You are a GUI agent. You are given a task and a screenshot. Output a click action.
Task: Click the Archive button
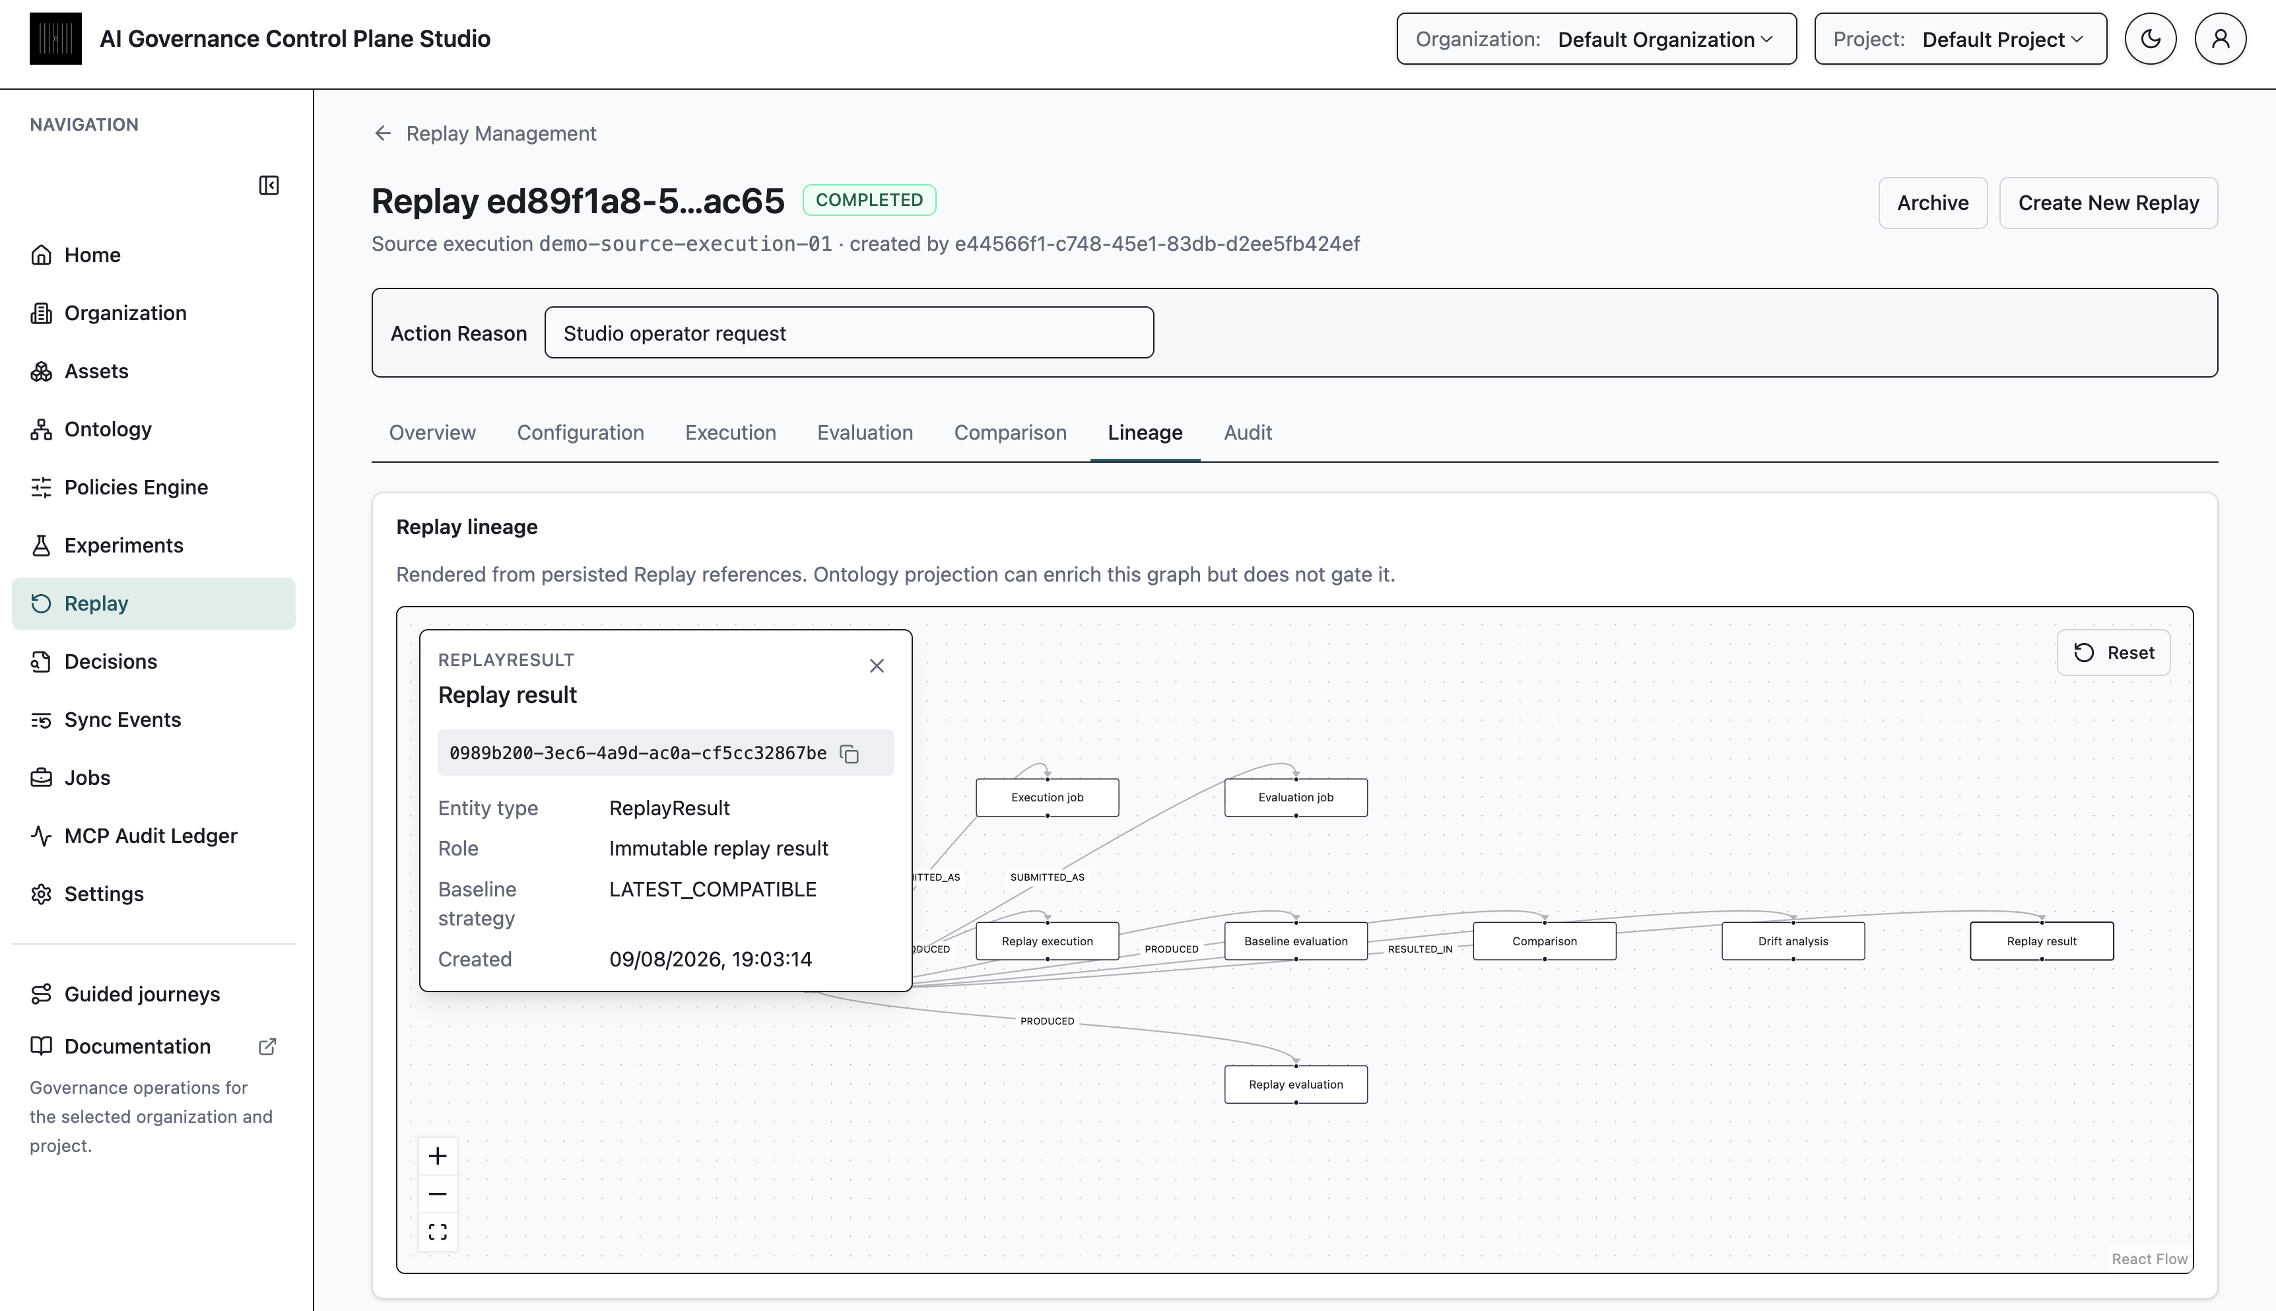click(x=1932, y=203)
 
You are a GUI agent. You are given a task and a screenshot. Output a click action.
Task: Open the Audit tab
click(x=1247, y=432)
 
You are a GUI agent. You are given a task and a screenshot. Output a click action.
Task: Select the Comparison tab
click(x=1010, y=432)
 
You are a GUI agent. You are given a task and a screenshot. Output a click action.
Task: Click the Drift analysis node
click(x=1793, y=941)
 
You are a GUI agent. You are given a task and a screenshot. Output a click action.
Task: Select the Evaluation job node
click(x=1296, y=797)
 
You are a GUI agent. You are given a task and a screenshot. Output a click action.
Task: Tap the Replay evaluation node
click(x=1296, y=1084)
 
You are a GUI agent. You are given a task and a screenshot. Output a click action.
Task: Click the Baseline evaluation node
click(x=1296, y=941)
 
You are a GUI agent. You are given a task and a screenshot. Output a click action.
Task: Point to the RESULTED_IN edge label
click(x=1420, y=949)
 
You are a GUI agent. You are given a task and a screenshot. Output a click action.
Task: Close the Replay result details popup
click(x=877, y=665)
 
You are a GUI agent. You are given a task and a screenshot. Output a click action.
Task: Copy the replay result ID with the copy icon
click(x=849, y=754)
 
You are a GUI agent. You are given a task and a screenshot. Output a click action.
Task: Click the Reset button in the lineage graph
click(x=2113, y=653)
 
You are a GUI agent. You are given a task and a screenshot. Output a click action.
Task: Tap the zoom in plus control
click(x=438, y=1156)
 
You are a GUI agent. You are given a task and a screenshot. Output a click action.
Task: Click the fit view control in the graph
click(x=438, y=1232)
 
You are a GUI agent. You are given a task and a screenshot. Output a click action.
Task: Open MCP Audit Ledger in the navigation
click(x=151, y=836)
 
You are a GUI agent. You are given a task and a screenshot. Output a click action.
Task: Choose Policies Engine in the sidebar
click(x=136, y=487)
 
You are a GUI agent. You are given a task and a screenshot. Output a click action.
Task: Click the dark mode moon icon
click(x=2150, y=39)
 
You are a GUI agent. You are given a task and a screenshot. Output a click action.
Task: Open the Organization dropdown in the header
click(x=1596, y=39)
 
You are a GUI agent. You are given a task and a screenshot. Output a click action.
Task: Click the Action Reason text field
click(x=849, y=333)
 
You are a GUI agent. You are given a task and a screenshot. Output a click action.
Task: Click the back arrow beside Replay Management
click(x=383, y=133)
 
